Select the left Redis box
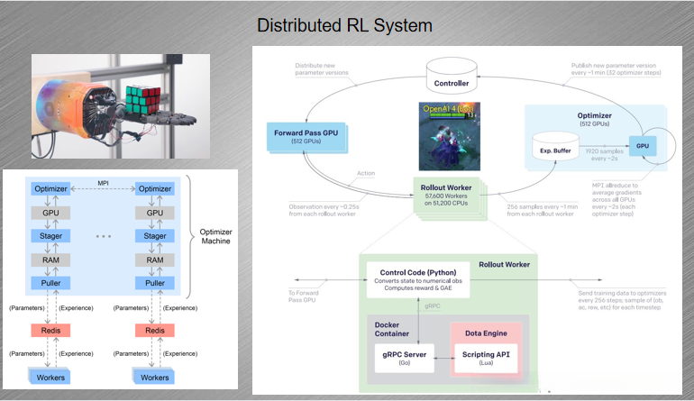[x=50, y=330]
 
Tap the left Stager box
[x=50, y=236]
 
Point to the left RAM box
[x=50, y=260]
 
